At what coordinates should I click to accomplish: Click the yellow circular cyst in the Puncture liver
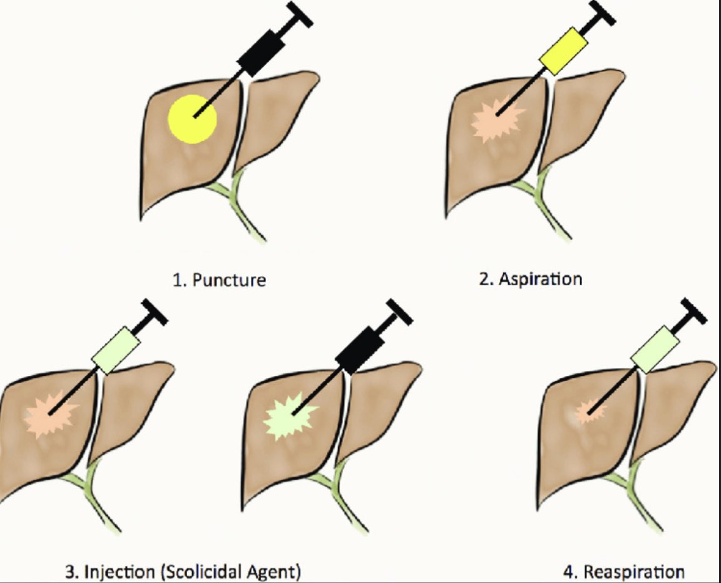coord(192,119)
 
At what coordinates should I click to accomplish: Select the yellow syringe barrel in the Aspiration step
coord(563,49)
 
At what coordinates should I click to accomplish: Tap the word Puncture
coord(228,279)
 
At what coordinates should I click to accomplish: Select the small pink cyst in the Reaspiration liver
coord(587,411)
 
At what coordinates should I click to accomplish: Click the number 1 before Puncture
coord(176,279)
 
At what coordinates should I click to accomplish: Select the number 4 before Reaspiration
coord(569,572)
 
